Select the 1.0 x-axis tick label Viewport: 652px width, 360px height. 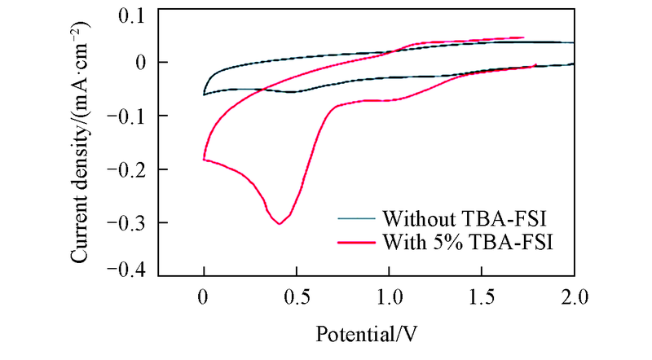pyautogui.click(x=390, y=297)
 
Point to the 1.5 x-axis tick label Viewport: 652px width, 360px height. pyautogui.click(x=482, y=297)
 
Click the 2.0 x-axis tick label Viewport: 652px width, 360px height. pyautogui.click(x=574, y=297)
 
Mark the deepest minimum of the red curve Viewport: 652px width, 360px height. pyautogui.click(x=280, y=223)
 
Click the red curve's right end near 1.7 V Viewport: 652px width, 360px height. pyautogui.click(x=522, y=37)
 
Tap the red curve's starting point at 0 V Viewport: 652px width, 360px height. pyautogui.click(x=204, y=159)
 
